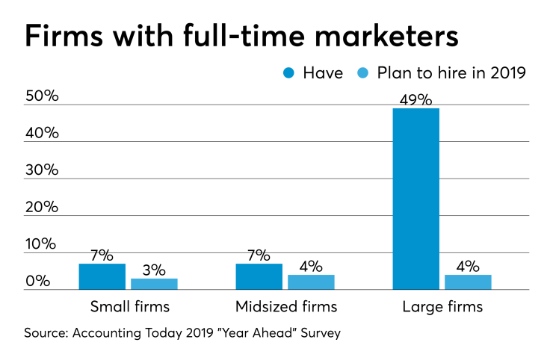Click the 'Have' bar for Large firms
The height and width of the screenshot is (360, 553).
pos(416,199)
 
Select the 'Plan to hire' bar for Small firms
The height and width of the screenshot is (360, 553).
pos(155,284)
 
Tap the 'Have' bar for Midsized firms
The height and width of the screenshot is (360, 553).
pos(259,276)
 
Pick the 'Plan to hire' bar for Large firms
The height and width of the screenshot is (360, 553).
pos(469,282)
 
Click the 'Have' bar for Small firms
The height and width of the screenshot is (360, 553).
pos(102,276)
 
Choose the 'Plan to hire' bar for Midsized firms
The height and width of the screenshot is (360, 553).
pos(311,282)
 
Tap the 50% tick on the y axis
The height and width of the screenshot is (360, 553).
pos(42,96)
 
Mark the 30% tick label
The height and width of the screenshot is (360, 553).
pos(42,170)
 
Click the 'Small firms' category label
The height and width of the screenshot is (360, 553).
pos(130,306)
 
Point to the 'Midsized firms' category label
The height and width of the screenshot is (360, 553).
pos(286,306)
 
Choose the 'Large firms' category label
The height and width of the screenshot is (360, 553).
pos(442,306)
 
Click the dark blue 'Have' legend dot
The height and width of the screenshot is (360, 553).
pos(289,73)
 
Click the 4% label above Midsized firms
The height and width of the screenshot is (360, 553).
pos(311,266)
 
